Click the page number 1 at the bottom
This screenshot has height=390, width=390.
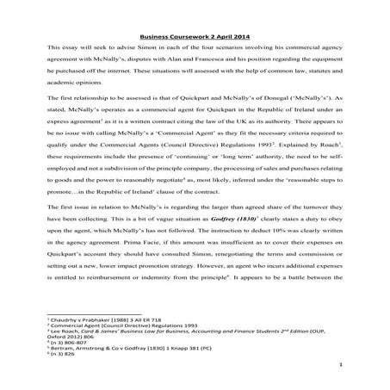pyautogui.click(x=365, y=366)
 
